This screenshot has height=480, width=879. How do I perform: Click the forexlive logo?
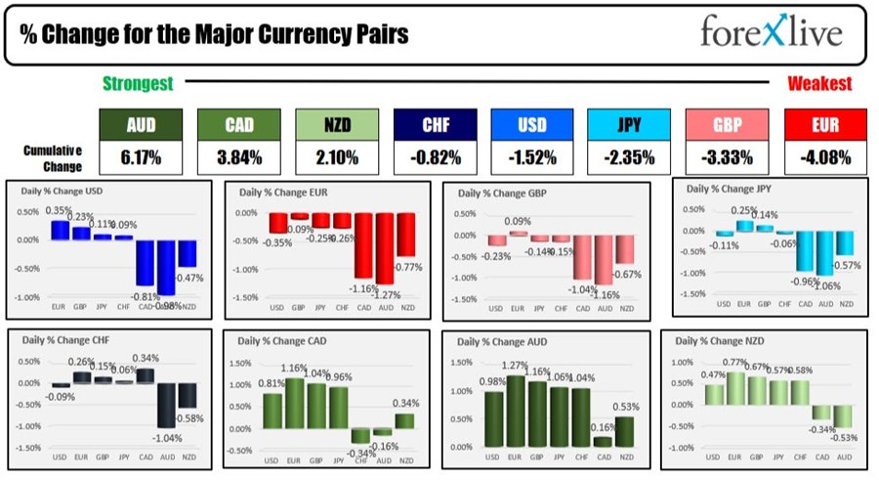(771, 33)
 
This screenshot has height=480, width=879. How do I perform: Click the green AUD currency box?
(141, 124)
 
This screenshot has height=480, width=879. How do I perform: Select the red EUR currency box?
(824, 124)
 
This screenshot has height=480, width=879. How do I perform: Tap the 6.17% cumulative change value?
(141, 157)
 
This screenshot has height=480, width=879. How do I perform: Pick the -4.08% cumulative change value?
(824, 157)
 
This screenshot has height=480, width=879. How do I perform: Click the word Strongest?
(139, 85)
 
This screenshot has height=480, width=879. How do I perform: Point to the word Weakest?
(819, 85)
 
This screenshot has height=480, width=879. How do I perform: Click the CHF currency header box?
(435, 124)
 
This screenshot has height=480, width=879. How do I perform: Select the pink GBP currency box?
(727, 124)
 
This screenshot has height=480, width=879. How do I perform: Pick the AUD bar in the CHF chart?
(167, 405)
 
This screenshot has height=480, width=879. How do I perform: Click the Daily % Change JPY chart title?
(727, 188)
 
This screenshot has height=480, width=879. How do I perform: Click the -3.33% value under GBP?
(727, 157)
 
